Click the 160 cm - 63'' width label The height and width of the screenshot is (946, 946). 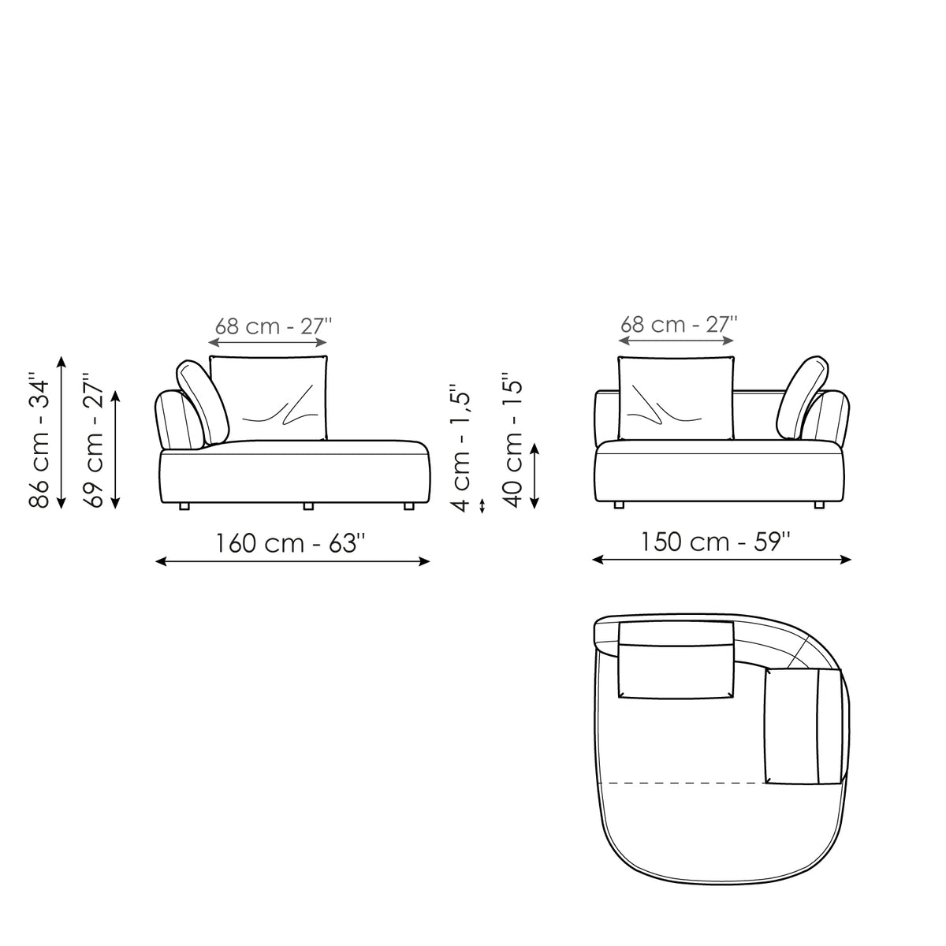291,542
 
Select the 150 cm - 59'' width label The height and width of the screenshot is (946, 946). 716,542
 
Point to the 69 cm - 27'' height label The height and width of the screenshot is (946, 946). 94,439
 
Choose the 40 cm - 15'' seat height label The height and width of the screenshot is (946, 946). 512,439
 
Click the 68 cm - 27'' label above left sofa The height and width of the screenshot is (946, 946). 274,326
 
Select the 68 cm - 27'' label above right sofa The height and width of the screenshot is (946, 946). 679,324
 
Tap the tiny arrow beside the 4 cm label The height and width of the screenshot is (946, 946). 482,505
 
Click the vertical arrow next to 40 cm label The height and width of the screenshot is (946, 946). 535,475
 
